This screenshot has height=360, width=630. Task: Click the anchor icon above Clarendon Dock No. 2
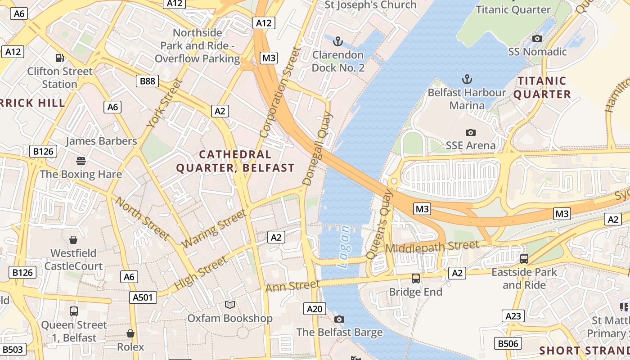337,42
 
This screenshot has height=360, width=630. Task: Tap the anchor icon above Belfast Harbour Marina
467,80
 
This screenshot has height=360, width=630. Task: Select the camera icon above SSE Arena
470,132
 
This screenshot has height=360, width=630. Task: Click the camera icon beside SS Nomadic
537,39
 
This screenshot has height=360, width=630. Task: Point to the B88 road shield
147,81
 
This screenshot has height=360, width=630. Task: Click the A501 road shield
143,297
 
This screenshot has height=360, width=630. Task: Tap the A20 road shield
315,309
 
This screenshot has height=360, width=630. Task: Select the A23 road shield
513,316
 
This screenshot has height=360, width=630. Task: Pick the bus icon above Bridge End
416,279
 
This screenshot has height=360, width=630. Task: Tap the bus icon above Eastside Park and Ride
524,259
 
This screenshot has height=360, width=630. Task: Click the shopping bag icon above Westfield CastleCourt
73,240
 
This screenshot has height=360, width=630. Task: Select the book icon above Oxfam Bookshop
230,305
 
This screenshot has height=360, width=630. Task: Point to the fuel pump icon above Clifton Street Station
59,58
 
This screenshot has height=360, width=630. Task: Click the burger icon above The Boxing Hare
81,161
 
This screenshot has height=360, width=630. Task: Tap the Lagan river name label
344,247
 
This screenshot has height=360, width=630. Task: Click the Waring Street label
214,229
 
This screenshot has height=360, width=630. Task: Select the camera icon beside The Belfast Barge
339,319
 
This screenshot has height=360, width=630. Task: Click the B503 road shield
13,349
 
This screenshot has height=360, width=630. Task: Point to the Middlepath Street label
432,247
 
